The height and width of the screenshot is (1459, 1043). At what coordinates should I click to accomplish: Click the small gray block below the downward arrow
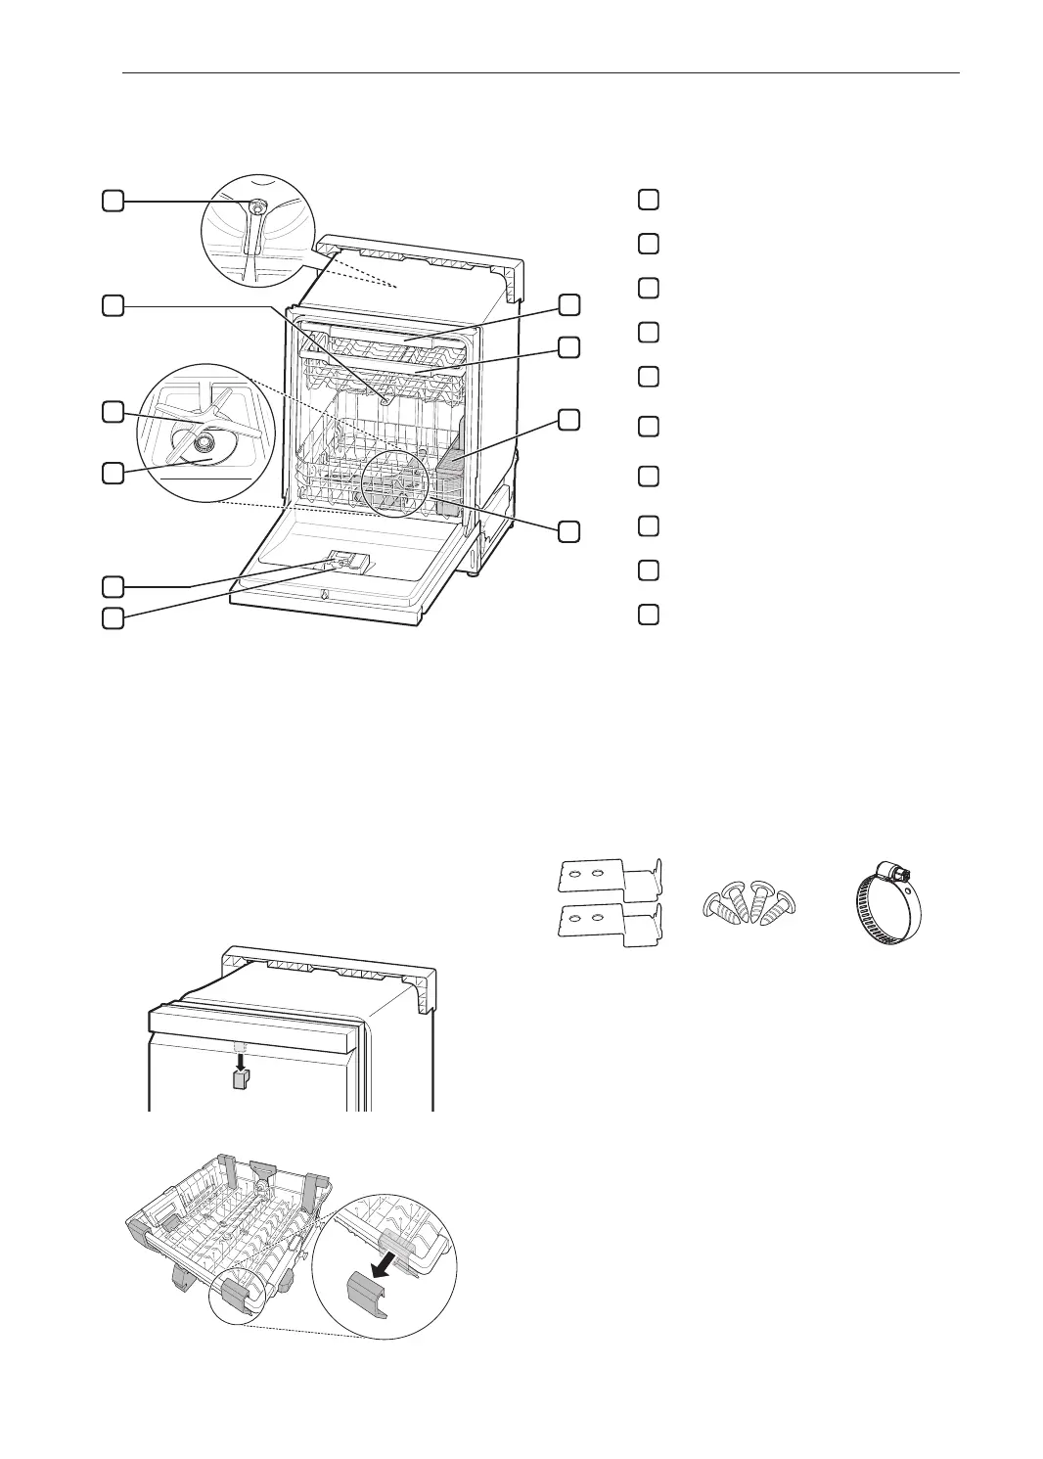(238, 1079)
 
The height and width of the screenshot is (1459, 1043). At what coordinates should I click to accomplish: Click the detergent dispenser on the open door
(347, 561)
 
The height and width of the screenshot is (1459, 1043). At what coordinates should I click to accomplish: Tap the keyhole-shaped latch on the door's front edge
(323, 596)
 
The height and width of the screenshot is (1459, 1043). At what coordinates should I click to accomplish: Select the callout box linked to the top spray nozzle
(113, 202)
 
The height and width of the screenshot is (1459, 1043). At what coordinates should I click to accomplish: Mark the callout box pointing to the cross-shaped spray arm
(113, 412)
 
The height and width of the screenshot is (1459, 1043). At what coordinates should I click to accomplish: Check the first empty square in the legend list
(647, 200)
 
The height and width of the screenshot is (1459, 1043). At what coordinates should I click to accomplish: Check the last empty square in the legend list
(647, 615)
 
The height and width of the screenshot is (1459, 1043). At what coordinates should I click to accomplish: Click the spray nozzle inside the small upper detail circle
(257, 208)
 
